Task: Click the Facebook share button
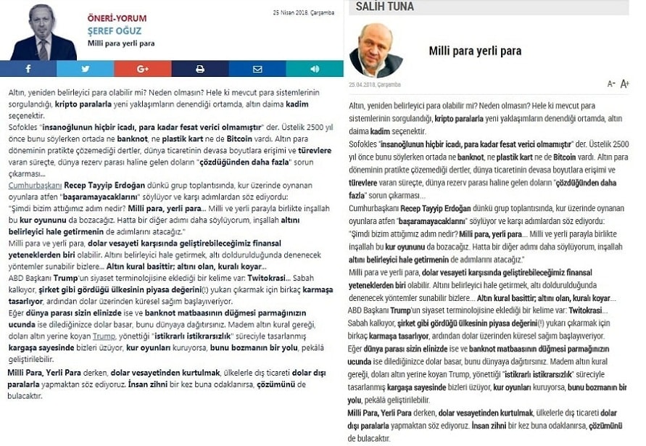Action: click(28, 69)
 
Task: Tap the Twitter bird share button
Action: click(85, 69)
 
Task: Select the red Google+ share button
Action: click(142, 69)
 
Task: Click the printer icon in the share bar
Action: click(199, 69)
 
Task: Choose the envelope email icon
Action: click(257, 69)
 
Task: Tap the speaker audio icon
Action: click(315, 69)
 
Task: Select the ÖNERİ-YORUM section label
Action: click(117, 18)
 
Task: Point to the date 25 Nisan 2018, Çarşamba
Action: click(303, 12)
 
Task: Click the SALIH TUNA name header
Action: click(385, 7)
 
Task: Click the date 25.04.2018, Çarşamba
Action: click(374, 84)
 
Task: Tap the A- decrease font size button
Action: click(611, 84)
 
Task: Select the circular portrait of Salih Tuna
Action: click(376, 51)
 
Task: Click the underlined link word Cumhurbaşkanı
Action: click(35, 186)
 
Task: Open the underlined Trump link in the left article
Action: click(104, 336)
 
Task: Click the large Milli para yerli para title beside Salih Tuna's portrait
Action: click(475, 51)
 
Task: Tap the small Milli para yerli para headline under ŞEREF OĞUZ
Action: click(121, 44)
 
